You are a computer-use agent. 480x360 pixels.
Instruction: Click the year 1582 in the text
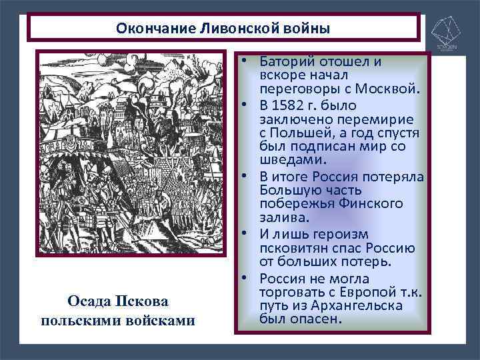(287, 105)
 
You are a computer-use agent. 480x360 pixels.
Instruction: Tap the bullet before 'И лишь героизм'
(245, 234)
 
